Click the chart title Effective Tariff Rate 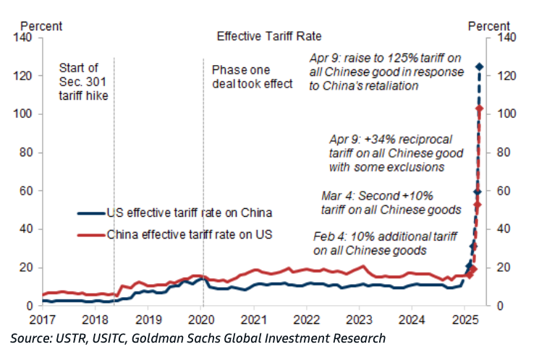[x=269, y=35]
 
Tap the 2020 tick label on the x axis [x=201, y=318]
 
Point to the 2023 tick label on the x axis [x=360, y=318]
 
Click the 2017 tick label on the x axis [x=43, y=318]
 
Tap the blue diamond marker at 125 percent [x=479, y=67]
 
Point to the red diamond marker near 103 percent [x=479, y=108]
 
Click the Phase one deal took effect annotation [x=252, y=77]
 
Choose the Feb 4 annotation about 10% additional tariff [x=369, y=244]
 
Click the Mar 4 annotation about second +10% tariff [x=391, y=202]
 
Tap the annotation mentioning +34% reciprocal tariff [x=386, y=152]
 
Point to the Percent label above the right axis [x=489, y=26]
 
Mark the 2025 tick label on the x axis [x=465, y=318]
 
